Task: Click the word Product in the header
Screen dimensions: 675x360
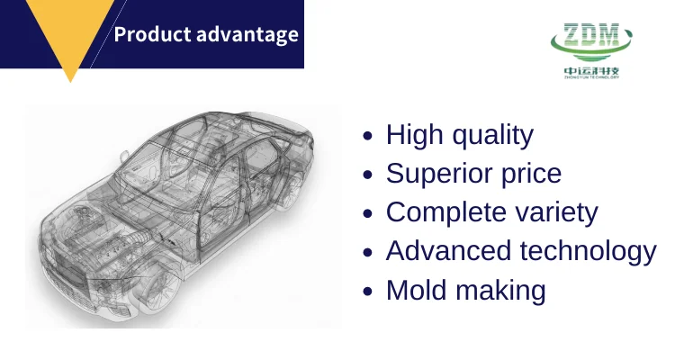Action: coord(152,34)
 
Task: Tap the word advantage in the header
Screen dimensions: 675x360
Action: coord(247,35)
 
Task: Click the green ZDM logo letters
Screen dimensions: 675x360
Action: coord(591,36)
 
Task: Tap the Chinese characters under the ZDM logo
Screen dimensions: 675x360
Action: coord(591,70)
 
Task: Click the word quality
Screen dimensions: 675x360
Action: coord(493,135)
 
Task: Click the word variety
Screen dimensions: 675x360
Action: coord(556,212)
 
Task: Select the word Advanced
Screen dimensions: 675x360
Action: coord(448,251)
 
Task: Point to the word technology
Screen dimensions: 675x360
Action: coord(588,251)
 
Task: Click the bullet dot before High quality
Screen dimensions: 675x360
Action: coord(367,136)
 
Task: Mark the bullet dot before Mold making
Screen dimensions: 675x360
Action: coord(367,291)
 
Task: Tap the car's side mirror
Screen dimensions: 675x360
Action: coord(124,157)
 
